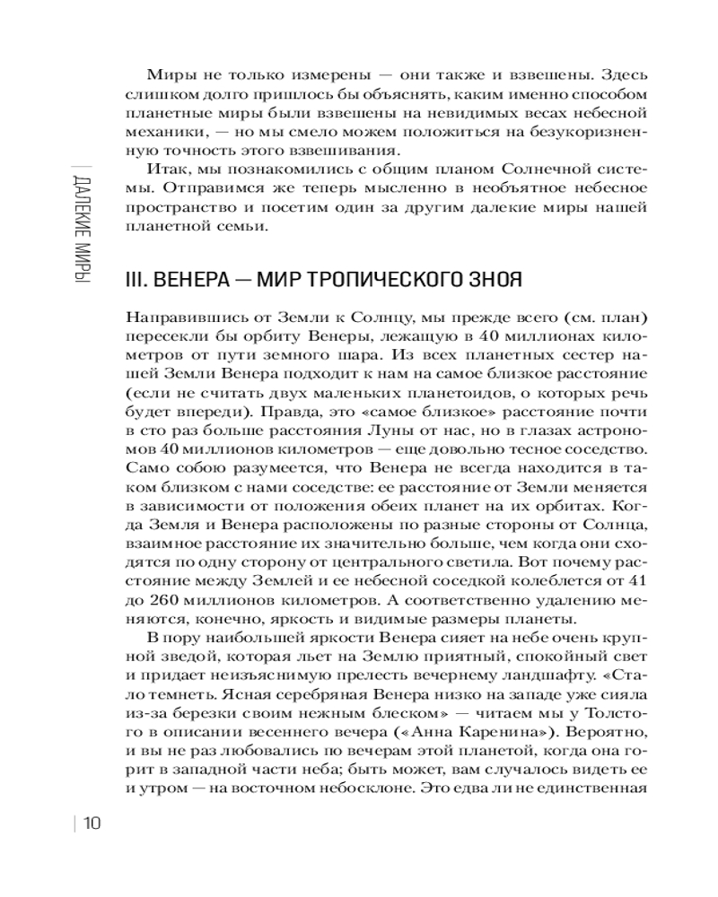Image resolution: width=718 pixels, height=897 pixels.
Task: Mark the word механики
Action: [161, 129]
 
